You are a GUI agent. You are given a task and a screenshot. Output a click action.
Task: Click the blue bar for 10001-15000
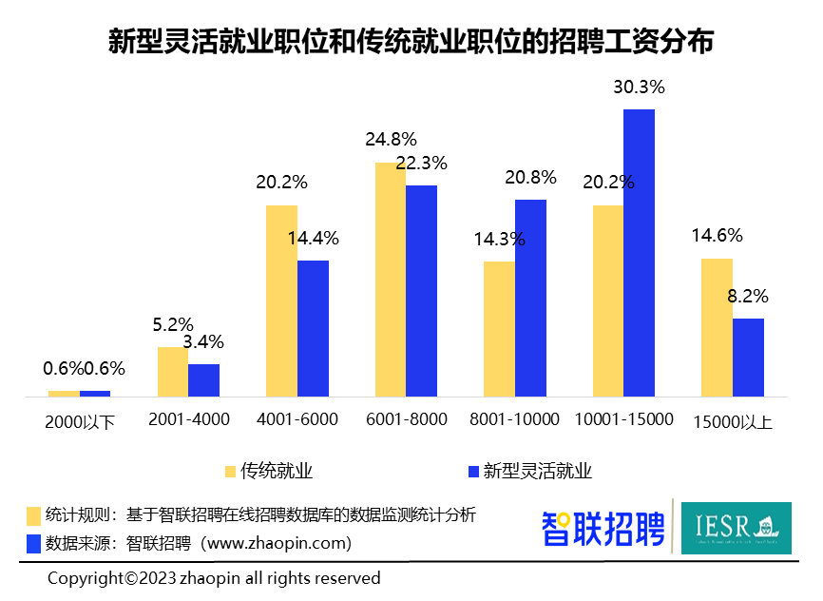point(639,253)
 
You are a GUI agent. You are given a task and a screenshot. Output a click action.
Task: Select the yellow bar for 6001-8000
point(390,280)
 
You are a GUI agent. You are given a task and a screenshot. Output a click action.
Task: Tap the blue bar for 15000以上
point(748,357)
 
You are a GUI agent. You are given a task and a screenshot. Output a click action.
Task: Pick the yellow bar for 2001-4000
point(172,371)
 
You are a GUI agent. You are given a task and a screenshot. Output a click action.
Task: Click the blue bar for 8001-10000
point(530,298)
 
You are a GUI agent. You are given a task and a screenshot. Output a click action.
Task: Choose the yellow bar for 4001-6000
point(281,300)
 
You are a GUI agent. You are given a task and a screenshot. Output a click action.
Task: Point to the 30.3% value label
point(639,87)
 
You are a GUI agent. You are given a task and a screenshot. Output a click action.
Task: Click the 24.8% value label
point(391,141)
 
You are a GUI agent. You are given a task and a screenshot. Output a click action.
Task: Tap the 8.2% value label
point(747,296)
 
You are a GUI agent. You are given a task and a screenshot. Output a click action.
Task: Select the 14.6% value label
point(718,236)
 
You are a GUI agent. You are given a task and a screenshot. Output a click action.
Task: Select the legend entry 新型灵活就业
point(537,471)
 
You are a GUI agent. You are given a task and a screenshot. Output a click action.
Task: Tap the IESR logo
point(736,528)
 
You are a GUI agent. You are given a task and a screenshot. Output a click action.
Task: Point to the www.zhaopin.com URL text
point(278,543)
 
